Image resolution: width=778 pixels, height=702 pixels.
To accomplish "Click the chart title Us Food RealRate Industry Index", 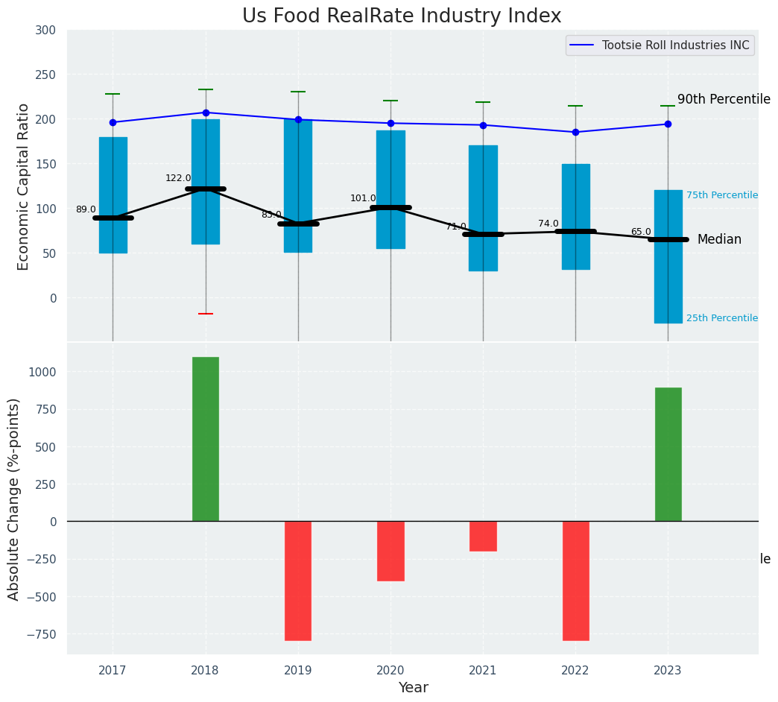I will [402, 16].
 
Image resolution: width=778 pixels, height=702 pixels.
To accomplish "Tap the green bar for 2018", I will [206, 439].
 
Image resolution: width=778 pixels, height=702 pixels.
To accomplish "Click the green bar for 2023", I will [668, 455].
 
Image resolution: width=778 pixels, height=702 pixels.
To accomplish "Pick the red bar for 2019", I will [298, 581].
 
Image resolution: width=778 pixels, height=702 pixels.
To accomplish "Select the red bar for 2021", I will [483, 536].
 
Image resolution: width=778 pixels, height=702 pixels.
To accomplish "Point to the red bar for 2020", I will [390, 551].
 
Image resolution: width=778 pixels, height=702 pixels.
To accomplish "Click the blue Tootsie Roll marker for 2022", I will [575, 132].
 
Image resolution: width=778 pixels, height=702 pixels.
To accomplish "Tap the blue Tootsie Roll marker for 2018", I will [206, 113].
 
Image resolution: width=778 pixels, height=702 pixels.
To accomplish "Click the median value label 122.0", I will [178, 178].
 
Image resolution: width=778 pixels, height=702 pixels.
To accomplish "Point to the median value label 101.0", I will [363, 198].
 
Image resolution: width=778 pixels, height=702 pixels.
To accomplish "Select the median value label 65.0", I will [641, 232].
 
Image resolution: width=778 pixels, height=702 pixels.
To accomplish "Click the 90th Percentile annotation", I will [724, 99].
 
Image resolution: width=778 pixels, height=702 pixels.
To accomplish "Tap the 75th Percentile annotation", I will [722, 195].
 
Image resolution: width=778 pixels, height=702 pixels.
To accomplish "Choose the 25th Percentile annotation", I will [722, 318].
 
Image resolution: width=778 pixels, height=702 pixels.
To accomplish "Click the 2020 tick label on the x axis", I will [390, 671].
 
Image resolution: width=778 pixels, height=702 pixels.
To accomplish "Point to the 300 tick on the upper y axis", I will [45, 30].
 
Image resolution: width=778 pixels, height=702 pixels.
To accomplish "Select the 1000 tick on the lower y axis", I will [41, 372].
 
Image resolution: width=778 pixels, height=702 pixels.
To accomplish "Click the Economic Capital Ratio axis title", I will [24, 186].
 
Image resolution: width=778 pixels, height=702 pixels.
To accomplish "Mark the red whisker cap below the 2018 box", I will [206, 314].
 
